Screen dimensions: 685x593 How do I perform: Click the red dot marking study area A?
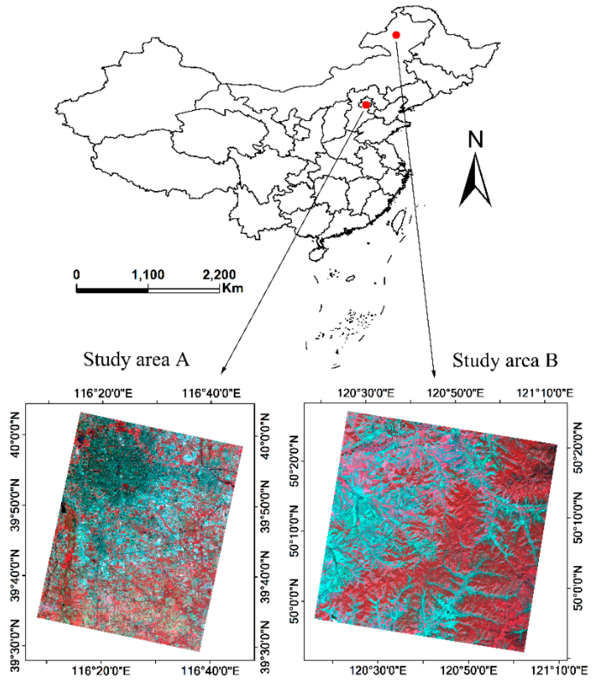[366, 105]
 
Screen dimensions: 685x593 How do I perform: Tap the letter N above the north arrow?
[475, 139]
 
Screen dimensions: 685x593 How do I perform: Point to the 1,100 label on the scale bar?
[148, 275]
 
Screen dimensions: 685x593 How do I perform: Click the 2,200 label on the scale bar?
[219, 275]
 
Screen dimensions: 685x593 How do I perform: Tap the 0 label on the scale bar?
[76, 275]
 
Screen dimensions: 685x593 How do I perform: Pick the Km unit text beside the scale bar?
[233, 288]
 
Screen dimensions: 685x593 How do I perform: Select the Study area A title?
[136, 359]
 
